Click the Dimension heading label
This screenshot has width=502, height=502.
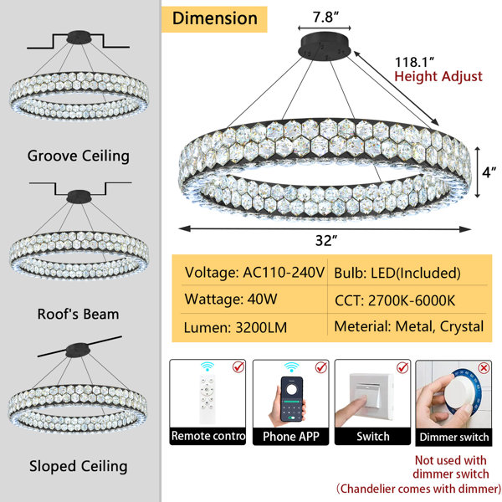214,18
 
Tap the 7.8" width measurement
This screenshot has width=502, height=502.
325,17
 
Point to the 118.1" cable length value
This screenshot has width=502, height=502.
415,62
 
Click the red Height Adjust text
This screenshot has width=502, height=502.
438,76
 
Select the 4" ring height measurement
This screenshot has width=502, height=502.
489,172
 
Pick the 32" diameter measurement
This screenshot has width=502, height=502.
326,240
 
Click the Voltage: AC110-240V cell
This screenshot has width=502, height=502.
254,273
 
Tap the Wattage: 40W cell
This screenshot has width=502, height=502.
231,299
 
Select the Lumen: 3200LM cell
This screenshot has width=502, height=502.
235,327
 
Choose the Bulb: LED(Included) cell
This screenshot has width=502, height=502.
397,273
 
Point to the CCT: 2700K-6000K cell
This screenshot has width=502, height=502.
395,300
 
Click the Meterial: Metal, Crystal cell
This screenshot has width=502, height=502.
409,326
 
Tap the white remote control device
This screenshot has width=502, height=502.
207,399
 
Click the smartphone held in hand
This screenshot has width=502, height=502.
291,399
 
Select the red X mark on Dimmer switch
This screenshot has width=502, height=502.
484,368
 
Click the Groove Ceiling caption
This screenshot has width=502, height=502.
79,156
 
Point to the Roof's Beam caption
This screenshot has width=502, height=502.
78,314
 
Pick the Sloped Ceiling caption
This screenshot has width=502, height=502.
79,466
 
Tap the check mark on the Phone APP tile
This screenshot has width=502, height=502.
321,367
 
